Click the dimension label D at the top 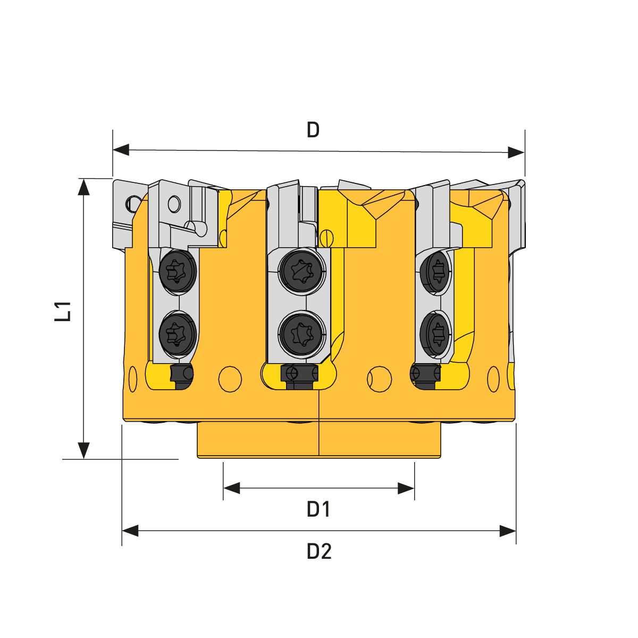click(313, 130)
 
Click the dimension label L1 click(63, 311)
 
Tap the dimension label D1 click(318, 509)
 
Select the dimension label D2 click(319, 551)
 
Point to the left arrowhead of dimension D click(121, 149)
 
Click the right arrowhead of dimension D click(516, 152)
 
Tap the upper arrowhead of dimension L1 click(84, 187)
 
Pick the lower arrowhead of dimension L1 click(84, 451)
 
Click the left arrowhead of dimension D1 click(231, 488)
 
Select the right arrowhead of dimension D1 click(406, 488)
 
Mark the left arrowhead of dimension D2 click(130, 531)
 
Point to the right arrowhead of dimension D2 click(508, 531)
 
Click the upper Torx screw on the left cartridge click(178, 271)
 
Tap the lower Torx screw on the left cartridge click(178, 334)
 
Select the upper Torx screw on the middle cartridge click(301, 272)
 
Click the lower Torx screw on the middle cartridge click(301, 334)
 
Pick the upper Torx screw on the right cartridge click(435, 272)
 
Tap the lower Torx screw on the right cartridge click(435, 334)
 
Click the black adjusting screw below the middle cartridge click(300, 377)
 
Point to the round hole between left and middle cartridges click(230, 380)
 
